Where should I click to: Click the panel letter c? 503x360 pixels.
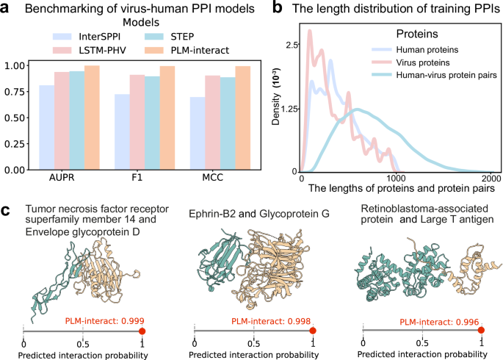click(x=6, y=212)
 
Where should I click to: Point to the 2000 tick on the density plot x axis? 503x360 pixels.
click(x=490, y=178)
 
